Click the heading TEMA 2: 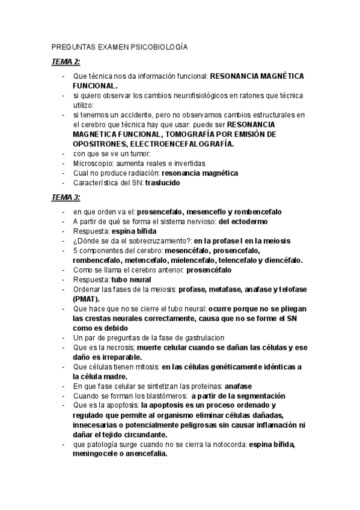click(66, 62)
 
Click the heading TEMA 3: click(66, 197)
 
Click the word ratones click(245, 96)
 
